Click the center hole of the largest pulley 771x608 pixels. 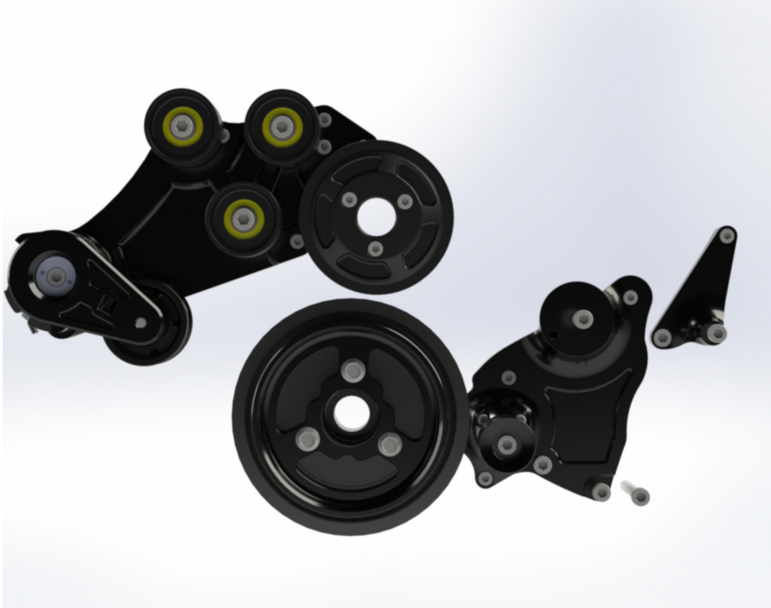click(351, 412)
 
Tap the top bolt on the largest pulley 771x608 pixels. click(353, 371)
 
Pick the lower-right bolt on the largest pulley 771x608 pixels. click(391, 443)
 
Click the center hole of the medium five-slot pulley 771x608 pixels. click(376, 217)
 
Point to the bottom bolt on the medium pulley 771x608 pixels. click(375, 248)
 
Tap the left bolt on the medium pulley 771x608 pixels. click(349, 200)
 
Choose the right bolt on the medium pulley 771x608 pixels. click(405, 201)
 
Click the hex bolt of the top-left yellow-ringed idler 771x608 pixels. click(183, 126)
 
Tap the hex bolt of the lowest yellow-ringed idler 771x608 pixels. click(243, 219)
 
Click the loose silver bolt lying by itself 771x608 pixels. click(637, 494)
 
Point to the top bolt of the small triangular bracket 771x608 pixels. click(727, 236)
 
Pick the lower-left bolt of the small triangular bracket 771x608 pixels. click(662, 338)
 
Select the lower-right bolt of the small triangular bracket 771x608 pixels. click(716, 333)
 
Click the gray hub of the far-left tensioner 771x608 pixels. click(57, 276)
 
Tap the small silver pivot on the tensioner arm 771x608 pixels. click(141, 323)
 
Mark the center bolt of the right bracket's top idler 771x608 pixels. click(582, 319)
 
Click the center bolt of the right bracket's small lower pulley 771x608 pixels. click(506, 445)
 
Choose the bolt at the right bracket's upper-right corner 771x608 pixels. click(630, 297)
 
